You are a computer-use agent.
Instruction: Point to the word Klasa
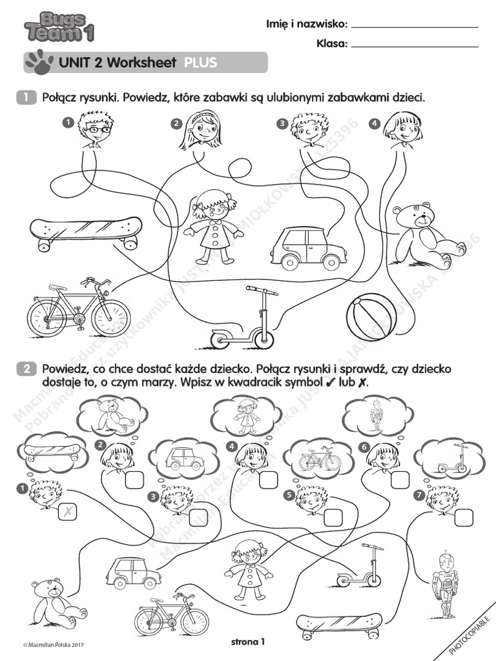click(332, 44)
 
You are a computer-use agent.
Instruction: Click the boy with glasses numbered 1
click(94, 129)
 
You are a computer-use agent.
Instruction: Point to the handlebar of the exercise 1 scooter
click(262, 291)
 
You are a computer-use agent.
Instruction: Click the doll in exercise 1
click(211, 226)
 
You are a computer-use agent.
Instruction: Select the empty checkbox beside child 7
click(463, 517)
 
